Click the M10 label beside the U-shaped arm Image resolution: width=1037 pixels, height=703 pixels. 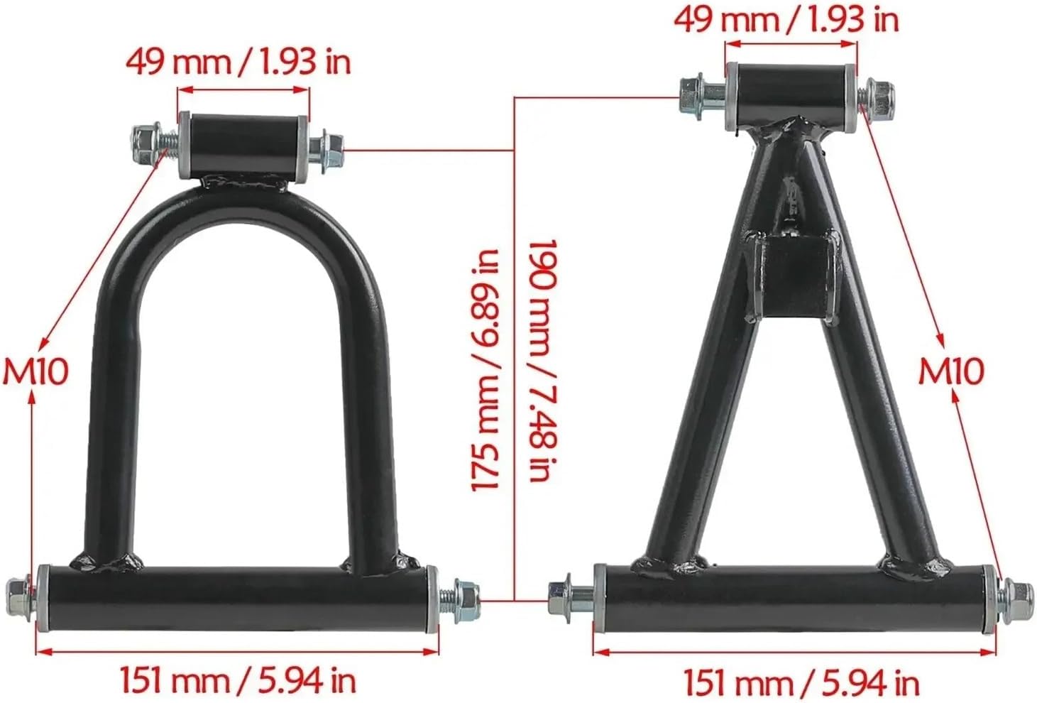pos(35,371)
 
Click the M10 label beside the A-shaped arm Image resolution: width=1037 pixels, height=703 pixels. pos(951,371)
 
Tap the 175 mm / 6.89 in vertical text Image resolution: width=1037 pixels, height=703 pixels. pos(485,370)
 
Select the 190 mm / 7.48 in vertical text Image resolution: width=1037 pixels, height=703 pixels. pos(542,361)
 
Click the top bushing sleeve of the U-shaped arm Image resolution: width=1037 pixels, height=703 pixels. pos(243,146)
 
